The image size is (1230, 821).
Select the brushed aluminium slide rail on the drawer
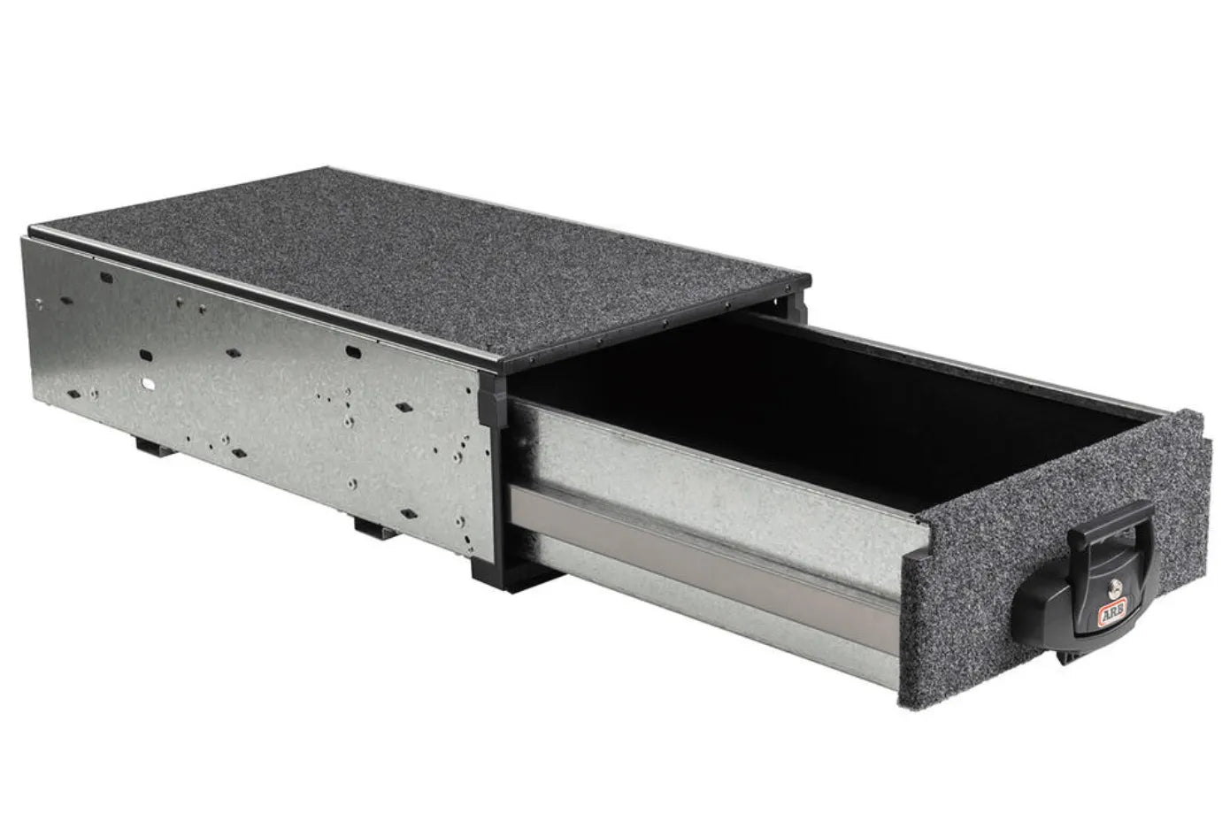click(x=708, y=565)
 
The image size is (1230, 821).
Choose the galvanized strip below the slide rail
click(x=708, y=619)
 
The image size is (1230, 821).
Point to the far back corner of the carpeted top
click(x=330, y=173)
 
